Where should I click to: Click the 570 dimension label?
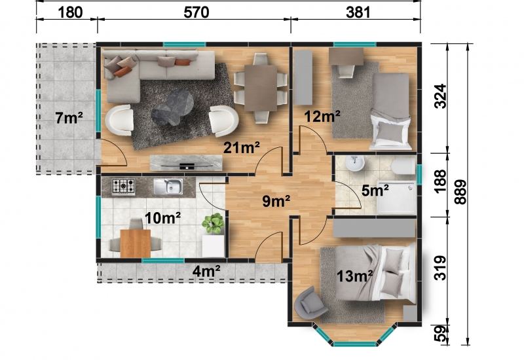[196, 12]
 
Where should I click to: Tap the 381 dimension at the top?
[358, 12]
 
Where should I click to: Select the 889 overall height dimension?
[460, 192]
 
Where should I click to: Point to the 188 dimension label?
[440, 181]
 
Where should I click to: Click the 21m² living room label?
[241, 147]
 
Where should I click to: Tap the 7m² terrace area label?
[69, 118]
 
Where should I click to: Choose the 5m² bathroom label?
[375, 190]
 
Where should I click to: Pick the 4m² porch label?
[206, 271]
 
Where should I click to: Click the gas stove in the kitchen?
[123, 186]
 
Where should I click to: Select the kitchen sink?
[168, 187]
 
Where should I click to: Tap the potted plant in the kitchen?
[213, 223]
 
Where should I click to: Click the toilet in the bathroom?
[403, 166]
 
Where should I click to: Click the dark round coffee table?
[173, 107]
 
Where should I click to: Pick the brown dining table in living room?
[261, 88]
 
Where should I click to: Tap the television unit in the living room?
[186, 162]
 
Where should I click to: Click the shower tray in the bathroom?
[396, 198]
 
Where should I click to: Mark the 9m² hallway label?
[276, 201]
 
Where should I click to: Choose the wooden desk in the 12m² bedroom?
[346, 56]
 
